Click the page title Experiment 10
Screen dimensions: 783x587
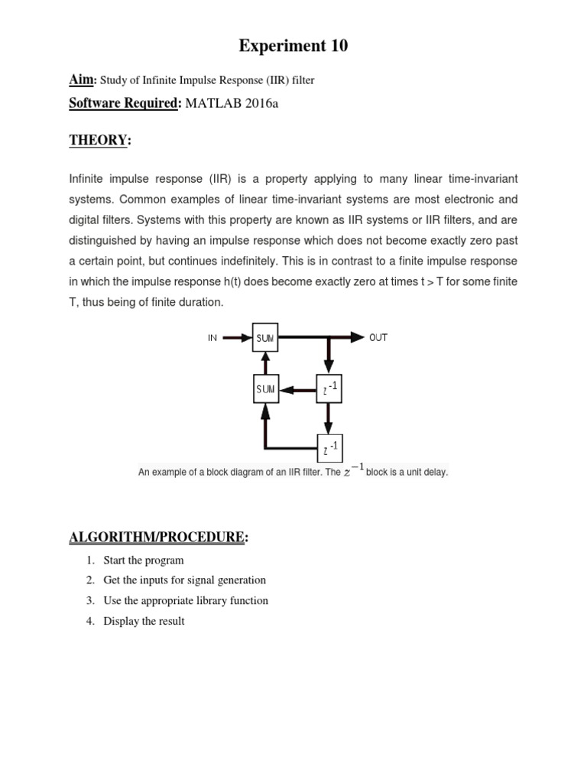(293, 46)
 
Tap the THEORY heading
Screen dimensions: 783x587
(99, 140)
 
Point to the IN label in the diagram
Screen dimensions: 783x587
(213, 337)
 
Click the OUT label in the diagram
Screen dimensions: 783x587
(378, 337)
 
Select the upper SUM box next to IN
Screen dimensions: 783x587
(266, 337)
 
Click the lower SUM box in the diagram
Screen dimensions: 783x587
(265, 389)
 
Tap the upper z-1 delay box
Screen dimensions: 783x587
(328, 389)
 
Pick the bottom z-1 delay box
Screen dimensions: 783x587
(328, 447)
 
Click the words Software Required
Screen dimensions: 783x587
(122, 103)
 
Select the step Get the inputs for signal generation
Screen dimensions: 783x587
(184, 580)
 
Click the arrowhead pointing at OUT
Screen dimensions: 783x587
(357, 337)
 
